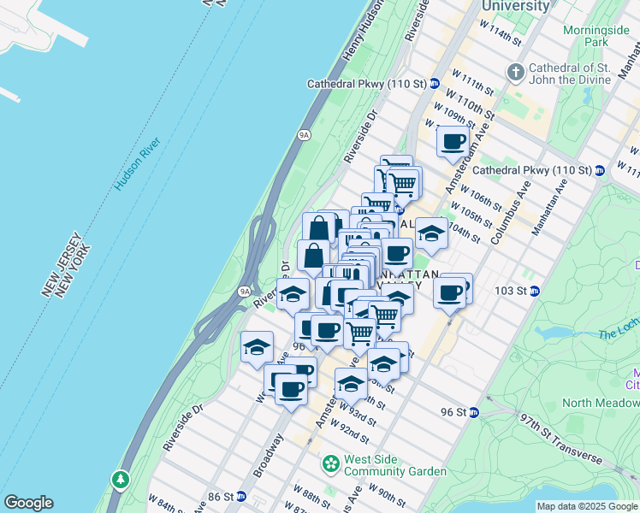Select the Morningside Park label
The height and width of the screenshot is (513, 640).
(597, 35)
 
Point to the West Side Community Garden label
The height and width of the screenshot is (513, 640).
(394, 465)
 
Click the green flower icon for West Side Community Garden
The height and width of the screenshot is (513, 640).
(330, 464)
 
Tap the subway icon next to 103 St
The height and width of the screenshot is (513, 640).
(535, 291)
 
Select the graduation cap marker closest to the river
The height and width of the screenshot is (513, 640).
(256, 347)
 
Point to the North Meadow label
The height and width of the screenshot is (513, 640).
(601, 403)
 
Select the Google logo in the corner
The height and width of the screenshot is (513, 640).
(28, 503)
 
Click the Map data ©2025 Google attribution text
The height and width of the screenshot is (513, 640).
(586, 506)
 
